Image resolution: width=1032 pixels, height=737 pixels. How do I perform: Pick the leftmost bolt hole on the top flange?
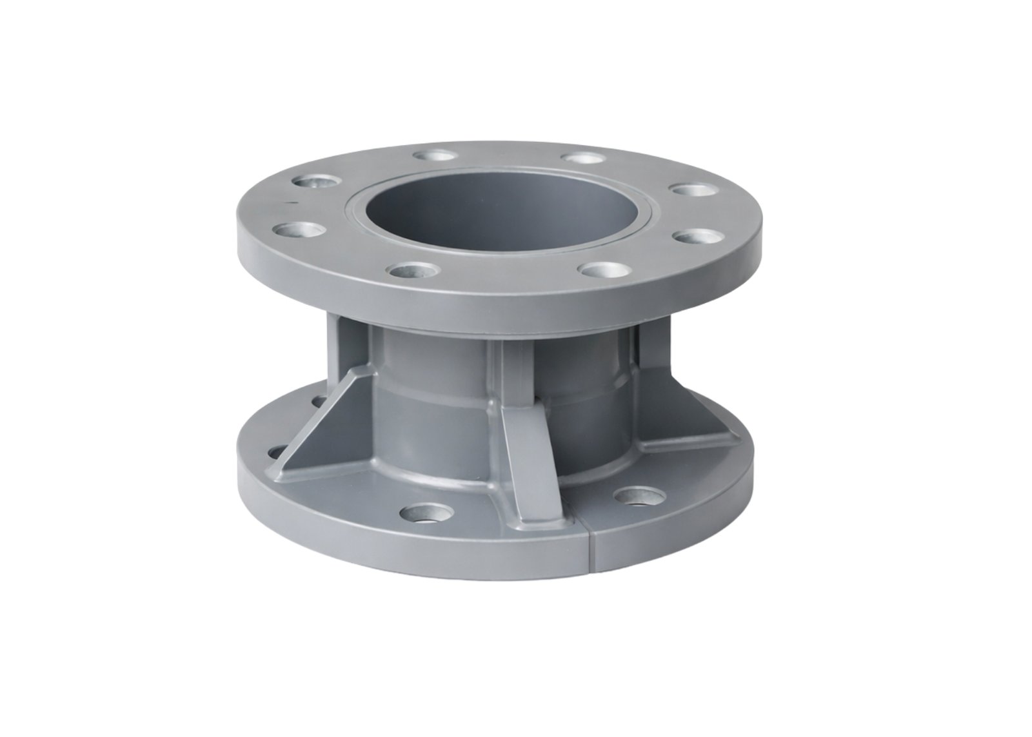point(297,230)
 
